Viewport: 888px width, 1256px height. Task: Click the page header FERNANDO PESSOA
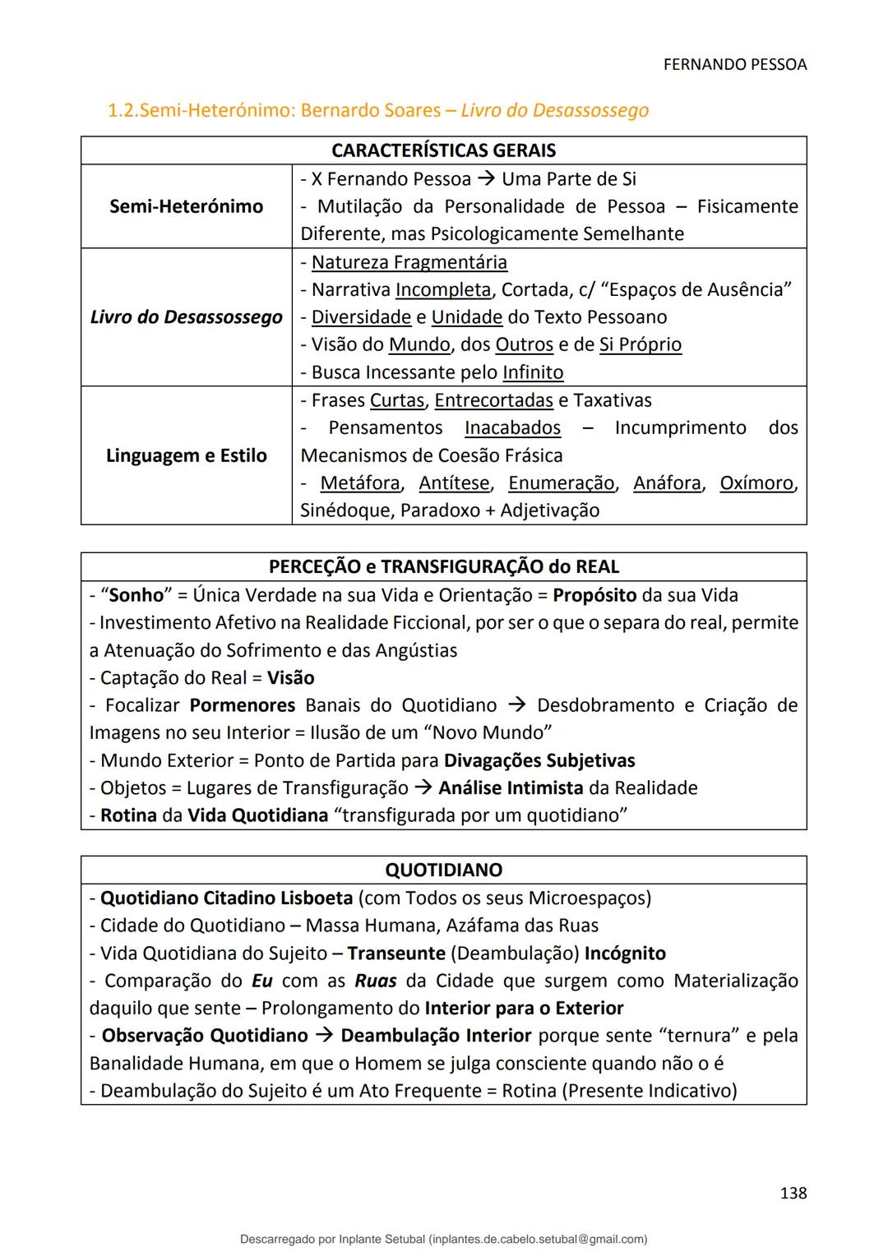coord(734,65)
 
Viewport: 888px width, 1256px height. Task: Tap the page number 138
coord(793,1193)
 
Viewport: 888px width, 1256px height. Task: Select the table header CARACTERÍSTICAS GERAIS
coord(443,150)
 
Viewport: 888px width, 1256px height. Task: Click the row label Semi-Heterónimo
coord(186,206)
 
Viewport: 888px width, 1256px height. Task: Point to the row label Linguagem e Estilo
coord(186,455)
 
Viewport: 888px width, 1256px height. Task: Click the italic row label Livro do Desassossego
coord(186,317)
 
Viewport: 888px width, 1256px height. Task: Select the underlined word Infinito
coord(533,372)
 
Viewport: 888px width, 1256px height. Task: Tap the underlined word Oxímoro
coord(756,483)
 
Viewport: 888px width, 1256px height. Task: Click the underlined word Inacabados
coord(512,427)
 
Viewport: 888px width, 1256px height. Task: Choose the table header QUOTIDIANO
coord(443,870)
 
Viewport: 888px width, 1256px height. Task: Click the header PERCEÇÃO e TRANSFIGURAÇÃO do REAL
coord(443,567)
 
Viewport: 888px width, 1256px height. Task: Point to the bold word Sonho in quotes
coord(136,595)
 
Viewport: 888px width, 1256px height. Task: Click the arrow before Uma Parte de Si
coord(486,179)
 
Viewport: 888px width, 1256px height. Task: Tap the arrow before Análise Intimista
coord(423,788)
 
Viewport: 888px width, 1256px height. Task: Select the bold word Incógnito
coord(625,954)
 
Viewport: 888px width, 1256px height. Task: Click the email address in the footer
coord(538,1239)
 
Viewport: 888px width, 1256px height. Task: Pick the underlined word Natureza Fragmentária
coord(409,262)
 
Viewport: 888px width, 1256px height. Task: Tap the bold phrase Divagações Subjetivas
coord(539,760)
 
